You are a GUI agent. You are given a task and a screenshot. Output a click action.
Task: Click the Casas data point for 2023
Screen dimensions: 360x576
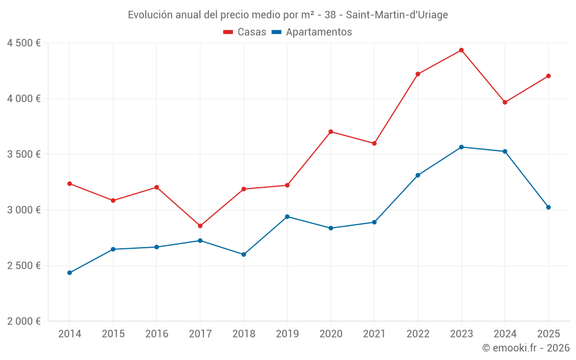coord(461,50)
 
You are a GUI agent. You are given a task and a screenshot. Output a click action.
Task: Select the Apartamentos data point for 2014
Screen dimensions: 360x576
coord(69,272)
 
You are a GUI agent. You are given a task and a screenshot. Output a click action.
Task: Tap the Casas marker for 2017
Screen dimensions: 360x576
coord(200,226)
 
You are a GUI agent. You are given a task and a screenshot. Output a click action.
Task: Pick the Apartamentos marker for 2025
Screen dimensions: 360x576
coord(548,207)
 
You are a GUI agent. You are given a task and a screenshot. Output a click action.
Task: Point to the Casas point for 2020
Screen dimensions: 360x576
coord(331,131)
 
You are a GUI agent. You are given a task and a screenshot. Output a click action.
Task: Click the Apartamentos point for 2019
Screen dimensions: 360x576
coord(287,217)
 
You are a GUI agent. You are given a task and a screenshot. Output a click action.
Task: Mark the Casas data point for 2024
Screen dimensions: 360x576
coord(505,103)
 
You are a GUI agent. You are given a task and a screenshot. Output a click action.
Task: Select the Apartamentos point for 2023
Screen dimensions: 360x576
coord(461,147)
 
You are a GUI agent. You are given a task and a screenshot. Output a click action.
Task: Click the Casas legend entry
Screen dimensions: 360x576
coord(245,32)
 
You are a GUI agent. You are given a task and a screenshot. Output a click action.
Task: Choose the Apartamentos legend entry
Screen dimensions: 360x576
coord(312,32)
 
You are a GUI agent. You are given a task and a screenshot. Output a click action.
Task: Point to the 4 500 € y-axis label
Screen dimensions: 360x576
coord(24,43)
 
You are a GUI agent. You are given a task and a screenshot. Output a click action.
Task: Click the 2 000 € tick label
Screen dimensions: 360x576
coord(24,321)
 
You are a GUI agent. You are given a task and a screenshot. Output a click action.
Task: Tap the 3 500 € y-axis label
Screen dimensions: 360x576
coord(24,154)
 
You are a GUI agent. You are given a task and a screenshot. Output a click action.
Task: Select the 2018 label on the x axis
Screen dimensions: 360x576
coord(244,334)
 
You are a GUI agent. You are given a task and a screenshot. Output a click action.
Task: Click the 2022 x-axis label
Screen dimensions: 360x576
coord(418,334)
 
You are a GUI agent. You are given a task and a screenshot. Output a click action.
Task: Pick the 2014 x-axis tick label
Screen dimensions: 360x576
coord(69,334)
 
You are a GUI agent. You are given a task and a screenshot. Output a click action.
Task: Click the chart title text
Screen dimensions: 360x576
coord(287,15)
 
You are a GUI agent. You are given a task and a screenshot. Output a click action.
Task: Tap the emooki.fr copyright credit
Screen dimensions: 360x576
coord(525,348)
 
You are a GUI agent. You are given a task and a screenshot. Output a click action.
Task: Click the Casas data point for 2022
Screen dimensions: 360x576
coord(418,74)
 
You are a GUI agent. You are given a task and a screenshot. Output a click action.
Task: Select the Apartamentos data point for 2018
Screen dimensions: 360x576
coord(244,254)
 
